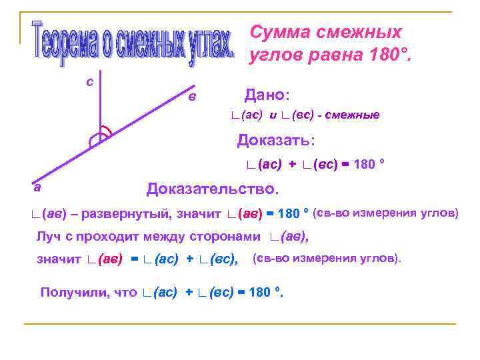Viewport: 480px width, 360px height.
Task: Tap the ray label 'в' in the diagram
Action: [192, 97]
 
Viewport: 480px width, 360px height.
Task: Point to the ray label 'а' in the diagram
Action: [38, 187]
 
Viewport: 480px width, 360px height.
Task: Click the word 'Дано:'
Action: [271, 95]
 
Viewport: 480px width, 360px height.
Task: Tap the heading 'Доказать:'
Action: [276, 141]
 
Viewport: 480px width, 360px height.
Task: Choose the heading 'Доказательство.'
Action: [211, 189]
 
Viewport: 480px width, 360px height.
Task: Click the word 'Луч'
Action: [47, 237]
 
